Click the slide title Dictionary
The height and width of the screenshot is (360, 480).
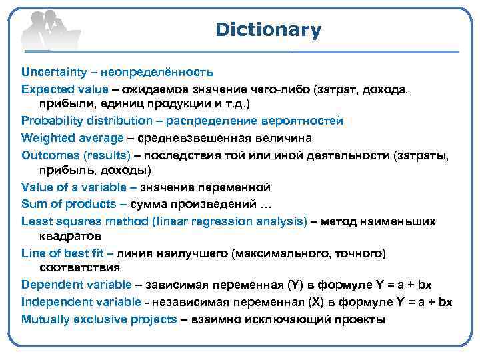point(268,30)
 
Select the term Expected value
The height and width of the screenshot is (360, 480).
point(63,88)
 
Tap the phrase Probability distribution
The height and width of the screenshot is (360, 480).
point(87,121)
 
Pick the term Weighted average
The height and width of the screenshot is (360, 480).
point(73,137)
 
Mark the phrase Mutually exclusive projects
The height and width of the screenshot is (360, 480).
point(99,318)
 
